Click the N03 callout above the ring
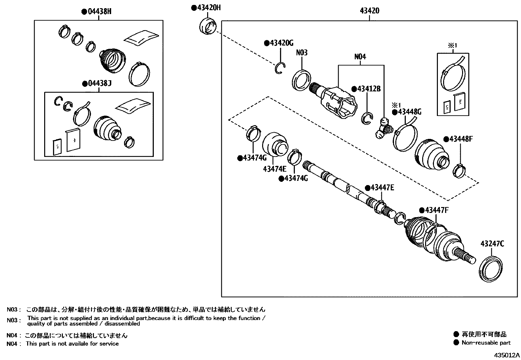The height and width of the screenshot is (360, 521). [x=302, y=52]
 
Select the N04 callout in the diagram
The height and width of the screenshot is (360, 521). [x=360, y=57]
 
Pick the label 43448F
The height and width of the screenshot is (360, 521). [x=461, y=139]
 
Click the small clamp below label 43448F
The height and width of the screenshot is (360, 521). [x=459, y=171]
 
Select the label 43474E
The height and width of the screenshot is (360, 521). [x=274, y=169]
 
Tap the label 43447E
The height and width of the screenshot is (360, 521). [x=382, y=188]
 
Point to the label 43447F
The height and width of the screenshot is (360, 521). [x=436, y=210]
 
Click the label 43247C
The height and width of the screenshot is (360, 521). [x=492, y=243]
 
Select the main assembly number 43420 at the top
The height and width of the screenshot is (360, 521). [x=369, y=11]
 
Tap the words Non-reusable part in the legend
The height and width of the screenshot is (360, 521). [x=486, y=343]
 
